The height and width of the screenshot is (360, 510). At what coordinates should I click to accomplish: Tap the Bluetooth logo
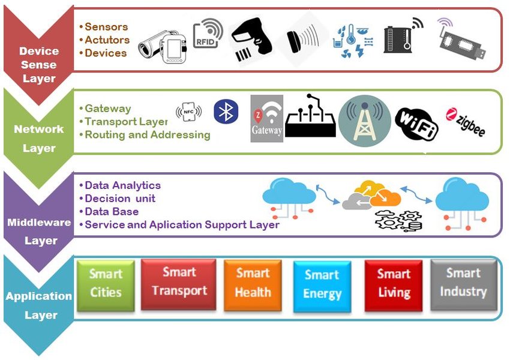(226, 112)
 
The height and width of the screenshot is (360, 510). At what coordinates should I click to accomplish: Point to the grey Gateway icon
(266, 119)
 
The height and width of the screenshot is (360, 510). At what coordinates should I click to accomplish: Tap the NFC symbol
(188, 112)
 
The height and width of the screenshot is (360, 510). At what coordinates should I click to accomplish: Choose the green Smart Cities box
(106, 285)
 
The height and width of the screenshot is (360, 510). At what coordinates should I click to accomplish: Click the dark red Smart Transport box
(179, 283)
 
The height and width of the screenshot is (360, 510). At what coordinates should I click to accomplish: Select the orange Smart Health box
(253, 283)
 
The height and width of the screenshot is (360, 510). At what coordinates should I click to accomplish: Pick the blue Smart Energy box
(322, 286)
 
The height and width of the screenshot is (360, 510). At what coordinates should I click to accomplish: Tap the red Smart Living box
(394, 284)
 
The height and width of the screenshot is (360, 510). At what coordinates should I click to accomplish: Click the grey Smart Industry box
(463, 283)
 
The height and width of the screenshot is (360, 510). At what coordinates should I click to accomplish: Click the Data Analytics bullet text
(122, 185)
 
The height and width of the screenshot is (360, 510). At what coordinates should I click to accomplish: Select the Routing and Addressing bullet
(147, 135)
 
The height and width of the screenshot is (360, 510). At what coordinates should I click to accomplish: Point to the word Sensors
(106, 27)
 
